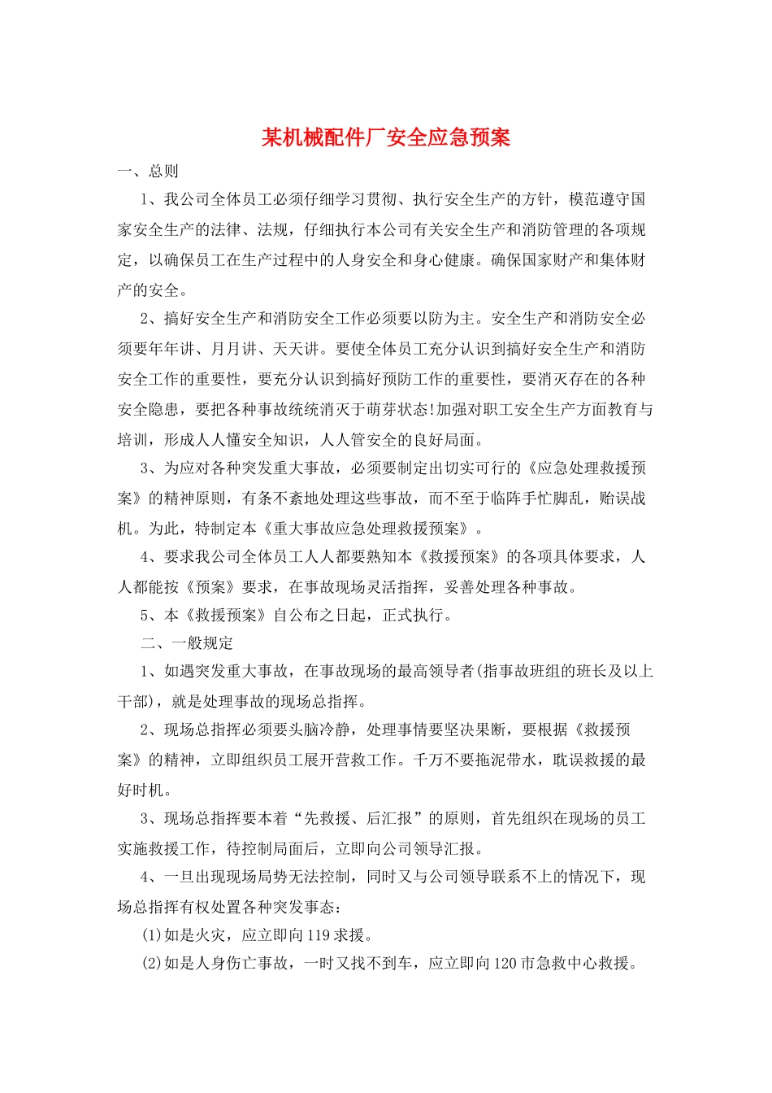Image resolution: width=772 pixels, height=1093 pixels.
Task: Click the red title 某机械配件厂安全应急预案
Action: (x=386, y=137)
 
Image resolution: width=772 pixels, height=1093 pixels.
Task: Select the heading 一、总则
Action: (x=148, y=172)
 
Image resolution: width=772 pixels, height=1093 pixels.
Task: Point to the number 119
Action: (x=319, y=935)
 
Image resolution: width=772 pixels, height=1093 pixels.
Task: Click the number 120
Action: (x=505, y=964)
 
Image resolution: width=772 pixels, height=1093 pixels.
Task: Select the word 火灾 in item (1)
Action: (x=210, y=935)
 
